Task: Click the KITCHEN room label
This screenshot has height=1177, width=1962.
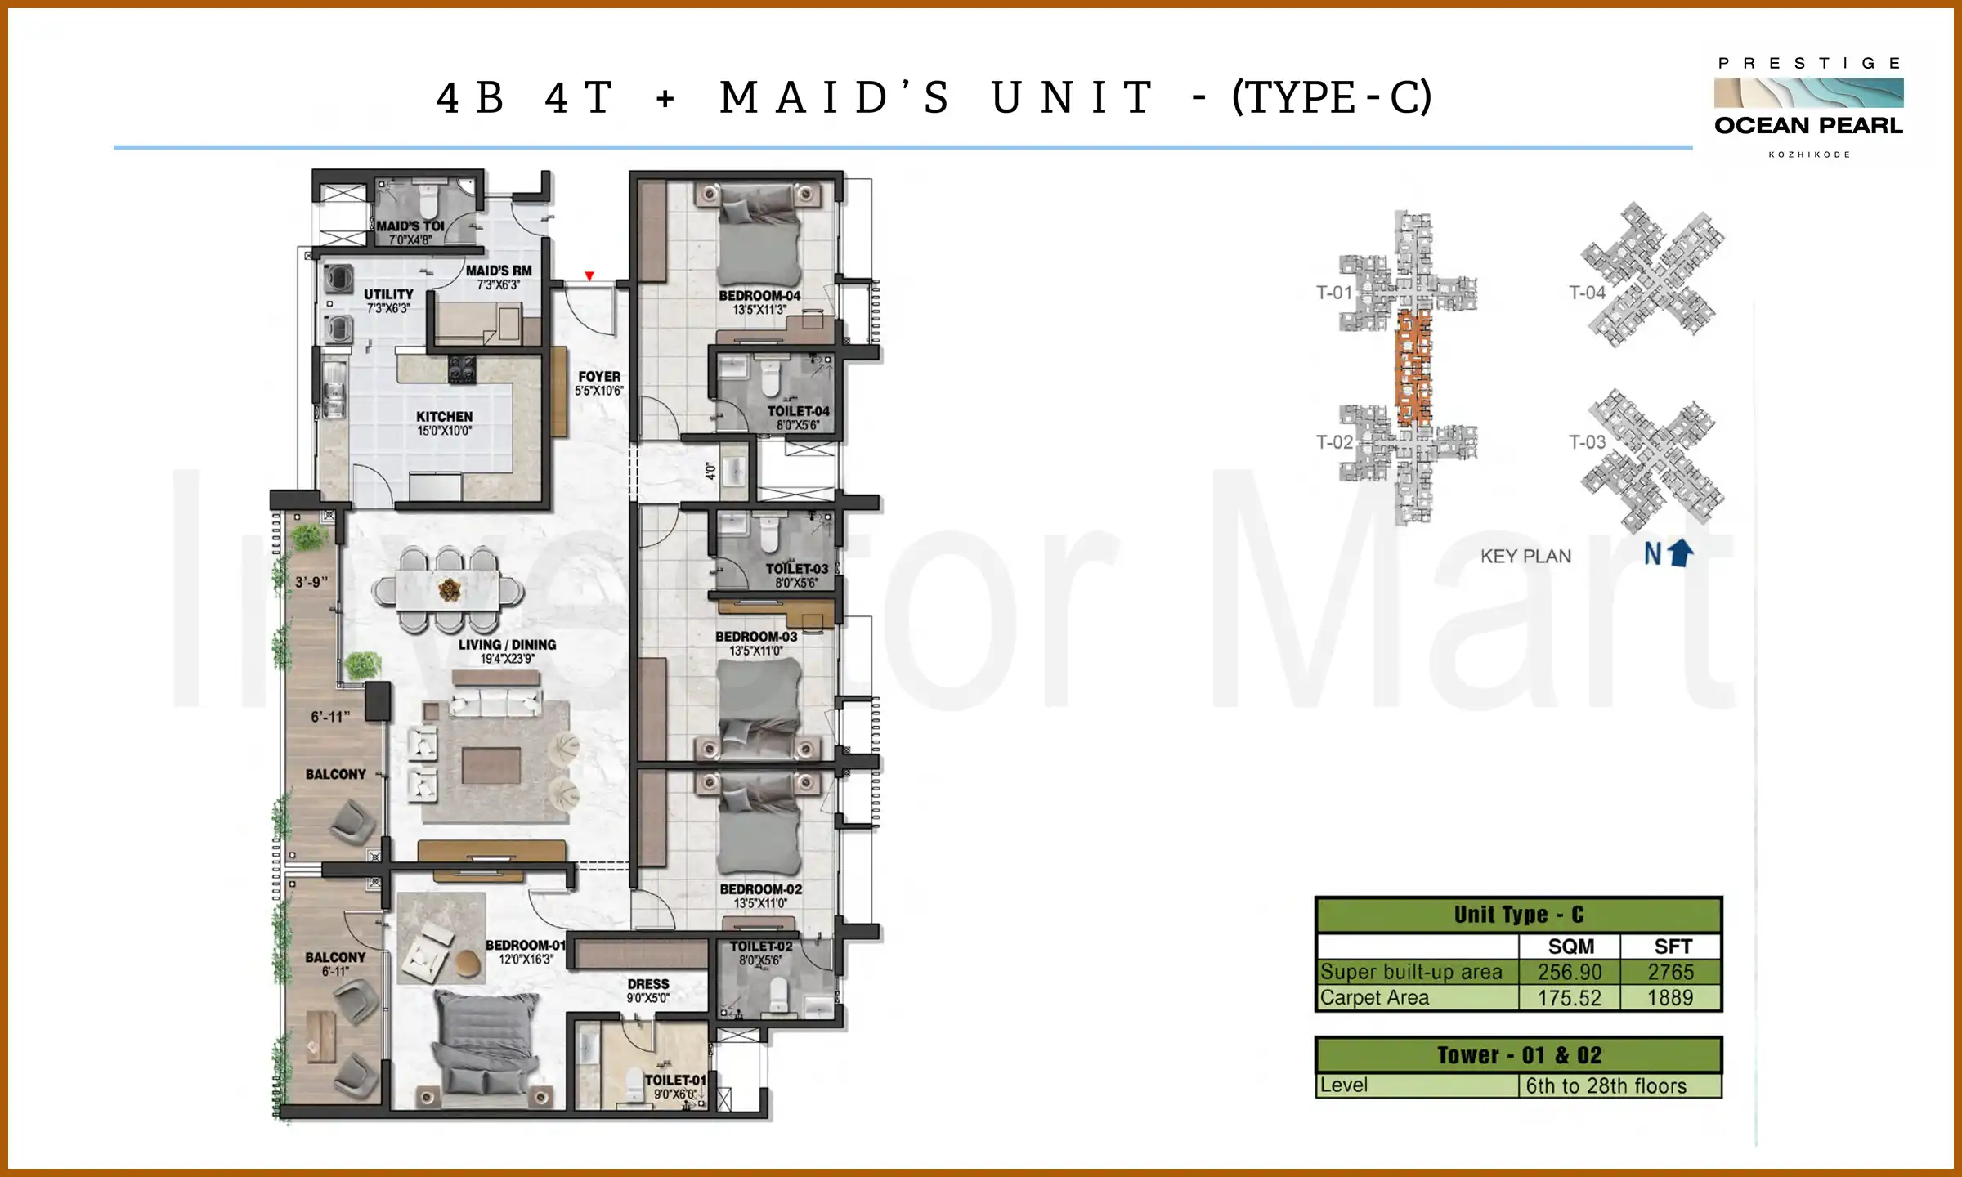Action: coord(444,417)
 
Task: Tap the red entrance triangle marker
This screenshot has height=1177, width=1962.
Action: coord(589,276)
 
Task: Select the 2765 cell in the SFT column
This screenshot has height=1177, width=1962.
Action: coord(1670,972)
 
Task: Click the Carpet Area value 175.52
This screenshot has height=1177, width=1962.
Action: coord(1569,998)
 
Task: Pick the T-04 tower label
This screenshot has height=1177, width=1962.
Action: coord(1587,293)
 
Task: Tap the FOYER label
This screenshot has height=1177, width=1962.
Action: coord(598,377)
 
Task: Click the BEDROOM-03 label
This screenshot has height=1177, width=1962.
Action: coord(756,637)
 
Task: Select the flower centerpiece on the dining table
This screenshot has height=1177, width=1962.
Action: coord(449,588)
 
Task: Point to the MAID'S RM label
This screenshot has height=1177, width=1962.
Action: coord(499,271)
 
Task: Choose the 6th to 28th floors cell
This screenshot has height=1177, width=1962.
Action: coord(1606,1086)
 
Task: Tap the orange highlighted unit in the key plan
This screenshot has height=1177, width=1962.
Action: coord(1413,368)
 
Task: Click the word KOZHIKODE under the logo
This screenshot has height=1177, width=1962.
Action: coord(1809,154)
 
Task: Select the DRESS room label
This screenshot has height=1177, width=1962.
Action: coord(648,984)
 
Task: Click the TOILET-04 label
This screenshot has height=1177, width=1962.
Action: coord(798,411)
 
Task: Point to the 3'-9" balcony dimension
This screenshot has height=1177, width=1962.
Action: coord(311,582)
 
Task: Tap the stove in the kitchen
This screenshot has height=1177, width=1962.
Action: coord(462,369)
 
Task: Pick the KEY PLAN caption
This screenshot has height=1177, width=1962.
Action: coord(1525,557)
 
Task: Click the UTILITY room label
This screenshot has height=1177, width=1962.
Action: coord(388,294)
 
